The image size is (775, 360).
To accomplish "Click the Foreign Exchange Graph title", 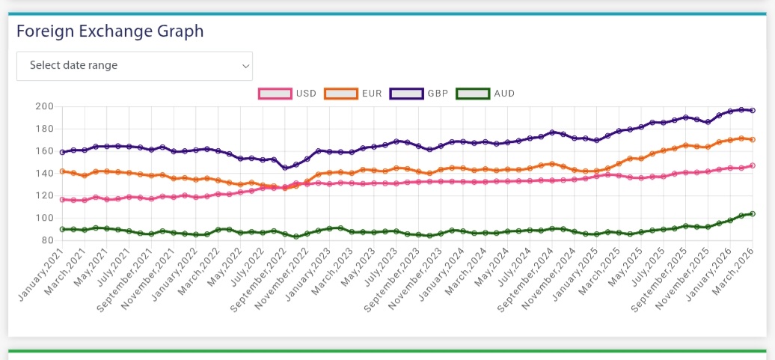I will coord(110,31).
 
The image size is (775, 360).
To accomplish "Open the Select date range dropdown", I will coord(135,66).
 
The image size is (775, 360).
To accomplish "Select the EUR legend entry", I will coord(354,94).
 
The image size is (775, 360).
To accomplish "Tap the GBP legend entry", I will coord(420,94).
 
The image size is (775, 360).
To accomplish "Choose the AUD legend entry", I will coord(485,94).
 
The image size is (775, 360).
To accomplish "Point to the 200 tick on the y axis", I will coord(44,106).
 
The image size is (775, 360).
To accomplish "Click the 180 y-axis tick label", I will coord(44,129).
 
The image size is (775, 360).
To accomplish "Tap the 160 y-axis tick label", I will coord(44,151).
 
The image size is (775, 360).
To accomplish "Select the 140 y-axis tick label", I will coord(44,174).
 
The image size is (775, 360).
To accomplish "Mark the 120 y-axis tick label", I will coord(44,196).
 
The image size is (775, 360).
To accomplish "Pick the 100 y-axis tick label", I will coord(44,219).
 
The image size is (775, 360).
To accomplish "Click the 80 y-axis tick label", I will coord(47,241).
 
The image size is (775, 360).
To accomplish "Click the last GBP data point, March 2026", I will coord(753,110).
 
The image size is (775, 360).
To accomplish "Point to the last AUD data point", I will coord(753,213).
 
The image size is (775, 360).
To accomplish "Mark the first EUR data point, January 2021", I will coord(62,171).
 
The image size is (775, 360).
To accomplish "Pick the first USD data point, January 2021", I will coord(62,200).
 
